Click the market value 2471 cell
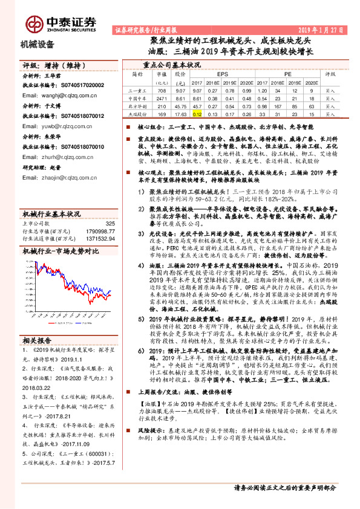(x=161, y=97)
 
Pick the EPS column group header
(x=223, y=73)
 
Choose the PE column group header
(x=288, y=73)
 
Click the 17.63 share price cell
(x=179, y=113)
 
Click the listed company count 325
(x=110, y=224)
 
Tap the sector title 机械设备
(x=38, y=44)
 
